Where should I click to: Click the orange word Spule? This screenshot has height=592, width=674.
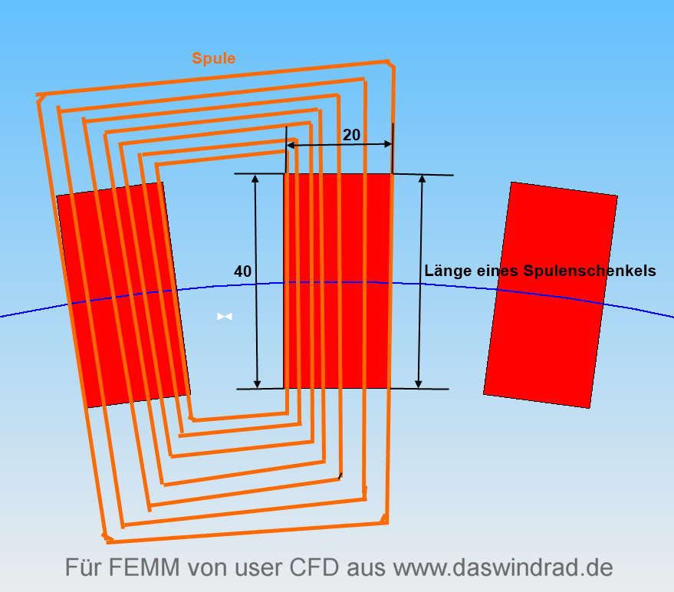click(x=214, y=58)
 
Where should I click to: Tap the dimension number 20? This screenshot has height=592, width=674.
click(x=351, y=135)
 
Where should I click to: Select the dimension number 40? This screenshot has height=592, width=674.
click(x=242, y=271)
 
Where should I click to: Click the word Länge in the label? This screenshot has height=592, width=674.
click(x=448, y=271)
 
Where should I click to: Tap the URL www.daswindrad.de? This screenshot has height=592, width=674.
click(x=503, y=568)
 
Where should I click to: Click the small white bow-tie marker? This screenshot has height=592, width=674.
click(x=224, y=316)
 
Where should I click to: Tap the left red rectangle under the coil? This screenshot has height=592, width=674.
click(x=123, y=295)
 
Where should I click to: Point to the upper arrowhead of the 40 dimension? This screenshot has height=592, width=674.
click(x=256, y=178)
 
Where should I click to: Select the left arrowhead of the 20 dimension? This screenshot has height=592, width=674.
click(x=291, y=144)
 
